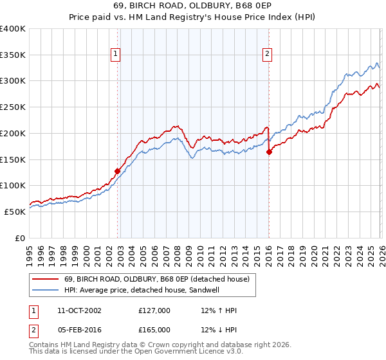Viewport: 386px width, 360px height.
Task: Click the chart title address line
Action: pyautogui.click(x=193, y=6)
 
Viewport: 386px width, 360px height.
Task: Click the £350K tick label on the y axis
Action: pyautogui.click(x=13, y=55)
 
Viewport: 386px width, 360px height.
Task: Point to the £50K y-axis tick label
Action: pyautogui.click(x=15, y=212)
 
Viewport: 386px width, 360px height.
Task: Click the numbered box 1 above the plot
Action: pyautogui.click(x=116, y=55)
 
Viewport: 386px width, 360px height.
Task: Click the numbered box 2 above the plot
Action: pyautogui.click(x=266, y=55)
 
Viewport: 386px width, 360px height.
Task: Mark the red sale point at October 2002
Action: pyautogui.click(x=117, y=171)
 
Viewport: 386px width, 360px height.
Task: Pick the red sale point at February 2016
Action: pyautogui.click(x=269, y=152)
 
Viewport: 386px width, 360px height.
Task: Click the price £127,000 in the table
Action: pyautogui.click(x=154, y=310)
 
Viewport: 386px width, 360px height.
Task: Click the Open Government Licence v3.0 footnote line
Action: pyautogui.click(x=136, y=352)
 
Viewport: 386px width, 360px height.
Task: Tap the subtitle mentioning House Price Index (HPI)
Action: pyautogui.click(x=193, y=17)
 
